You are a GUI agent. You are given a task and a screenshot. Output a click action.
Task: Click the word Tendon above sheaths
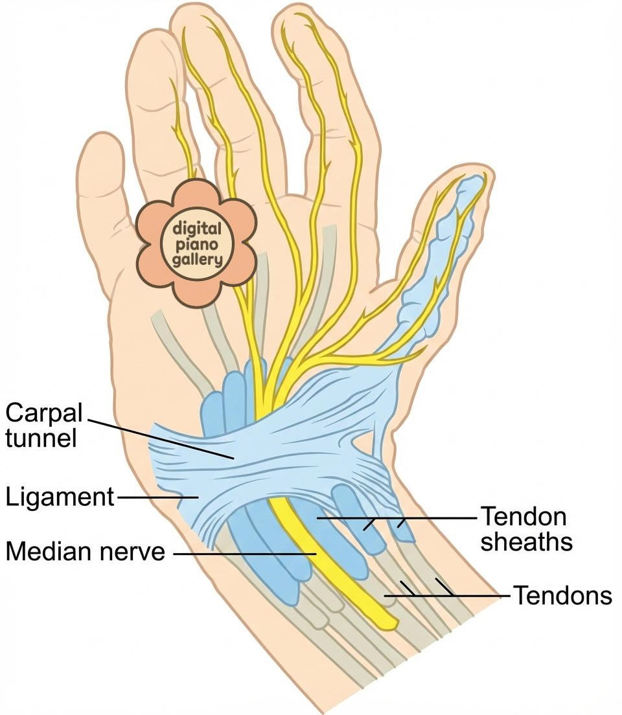tap(523, 517)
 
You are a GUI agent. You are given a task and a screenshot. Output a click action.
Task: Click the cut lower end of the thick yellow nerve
tap(388, 623)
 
